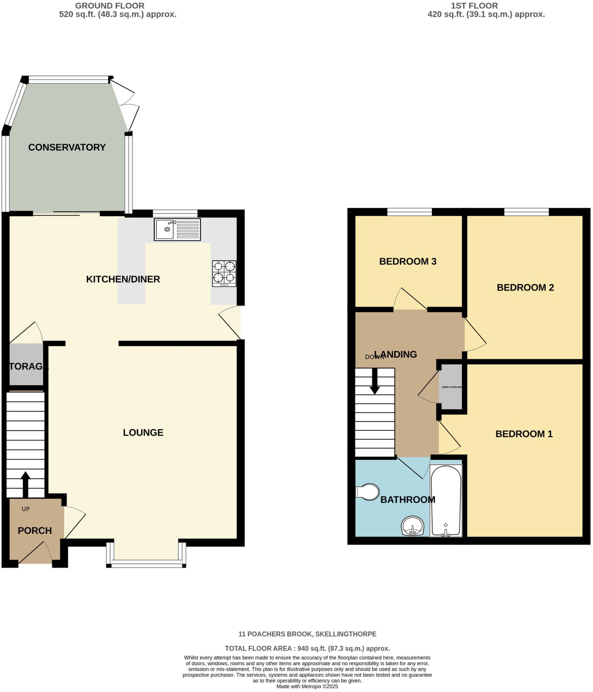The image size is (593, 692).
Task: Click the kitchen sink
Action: pos(177,229)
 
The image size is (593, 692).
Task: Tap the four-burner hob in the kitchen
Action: pos(224,273)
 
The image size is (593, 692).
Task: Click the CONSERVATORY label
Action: pos(67,147)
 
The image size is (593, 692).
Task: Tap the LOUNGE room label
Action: pos(143,432)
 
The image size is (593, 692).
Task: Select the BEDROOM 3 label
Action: pos(407,262)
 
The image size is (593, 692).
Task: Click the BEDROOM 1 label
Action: pos(524,434)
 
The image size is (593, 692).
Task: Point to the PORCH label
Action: pos(34,531)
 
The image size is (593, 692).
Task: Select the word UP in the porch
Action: pos(26,509)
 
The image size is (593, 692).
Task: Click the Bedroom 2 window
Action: pos(526,212)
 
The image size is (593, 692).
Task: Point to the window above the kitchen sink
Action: pos(175,213)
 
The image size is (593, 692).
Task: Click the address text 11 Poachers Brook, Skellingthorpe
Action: pos(307,634)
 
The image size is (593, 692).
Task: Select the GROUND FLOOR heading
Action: pos(110,6)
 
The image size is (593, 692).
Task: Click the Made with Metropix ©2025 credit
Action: pos(307,687)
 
